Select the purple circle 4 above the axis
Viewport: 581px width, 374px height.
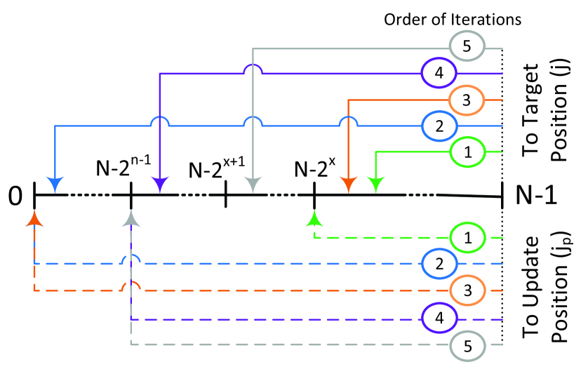tap(439, 72)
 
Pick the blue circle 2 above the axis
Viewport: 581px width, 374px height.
tap(439, 126)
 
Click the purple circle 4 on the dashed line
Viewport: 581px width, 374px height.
tap(439, 319)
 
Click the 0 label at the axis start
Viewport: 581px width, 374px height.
tap(15, 194)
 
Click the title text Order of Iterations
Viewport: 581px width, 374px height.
tap(452, 19)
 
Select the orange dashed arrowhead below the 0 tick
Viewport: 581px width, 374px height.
tap(34, 219)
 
